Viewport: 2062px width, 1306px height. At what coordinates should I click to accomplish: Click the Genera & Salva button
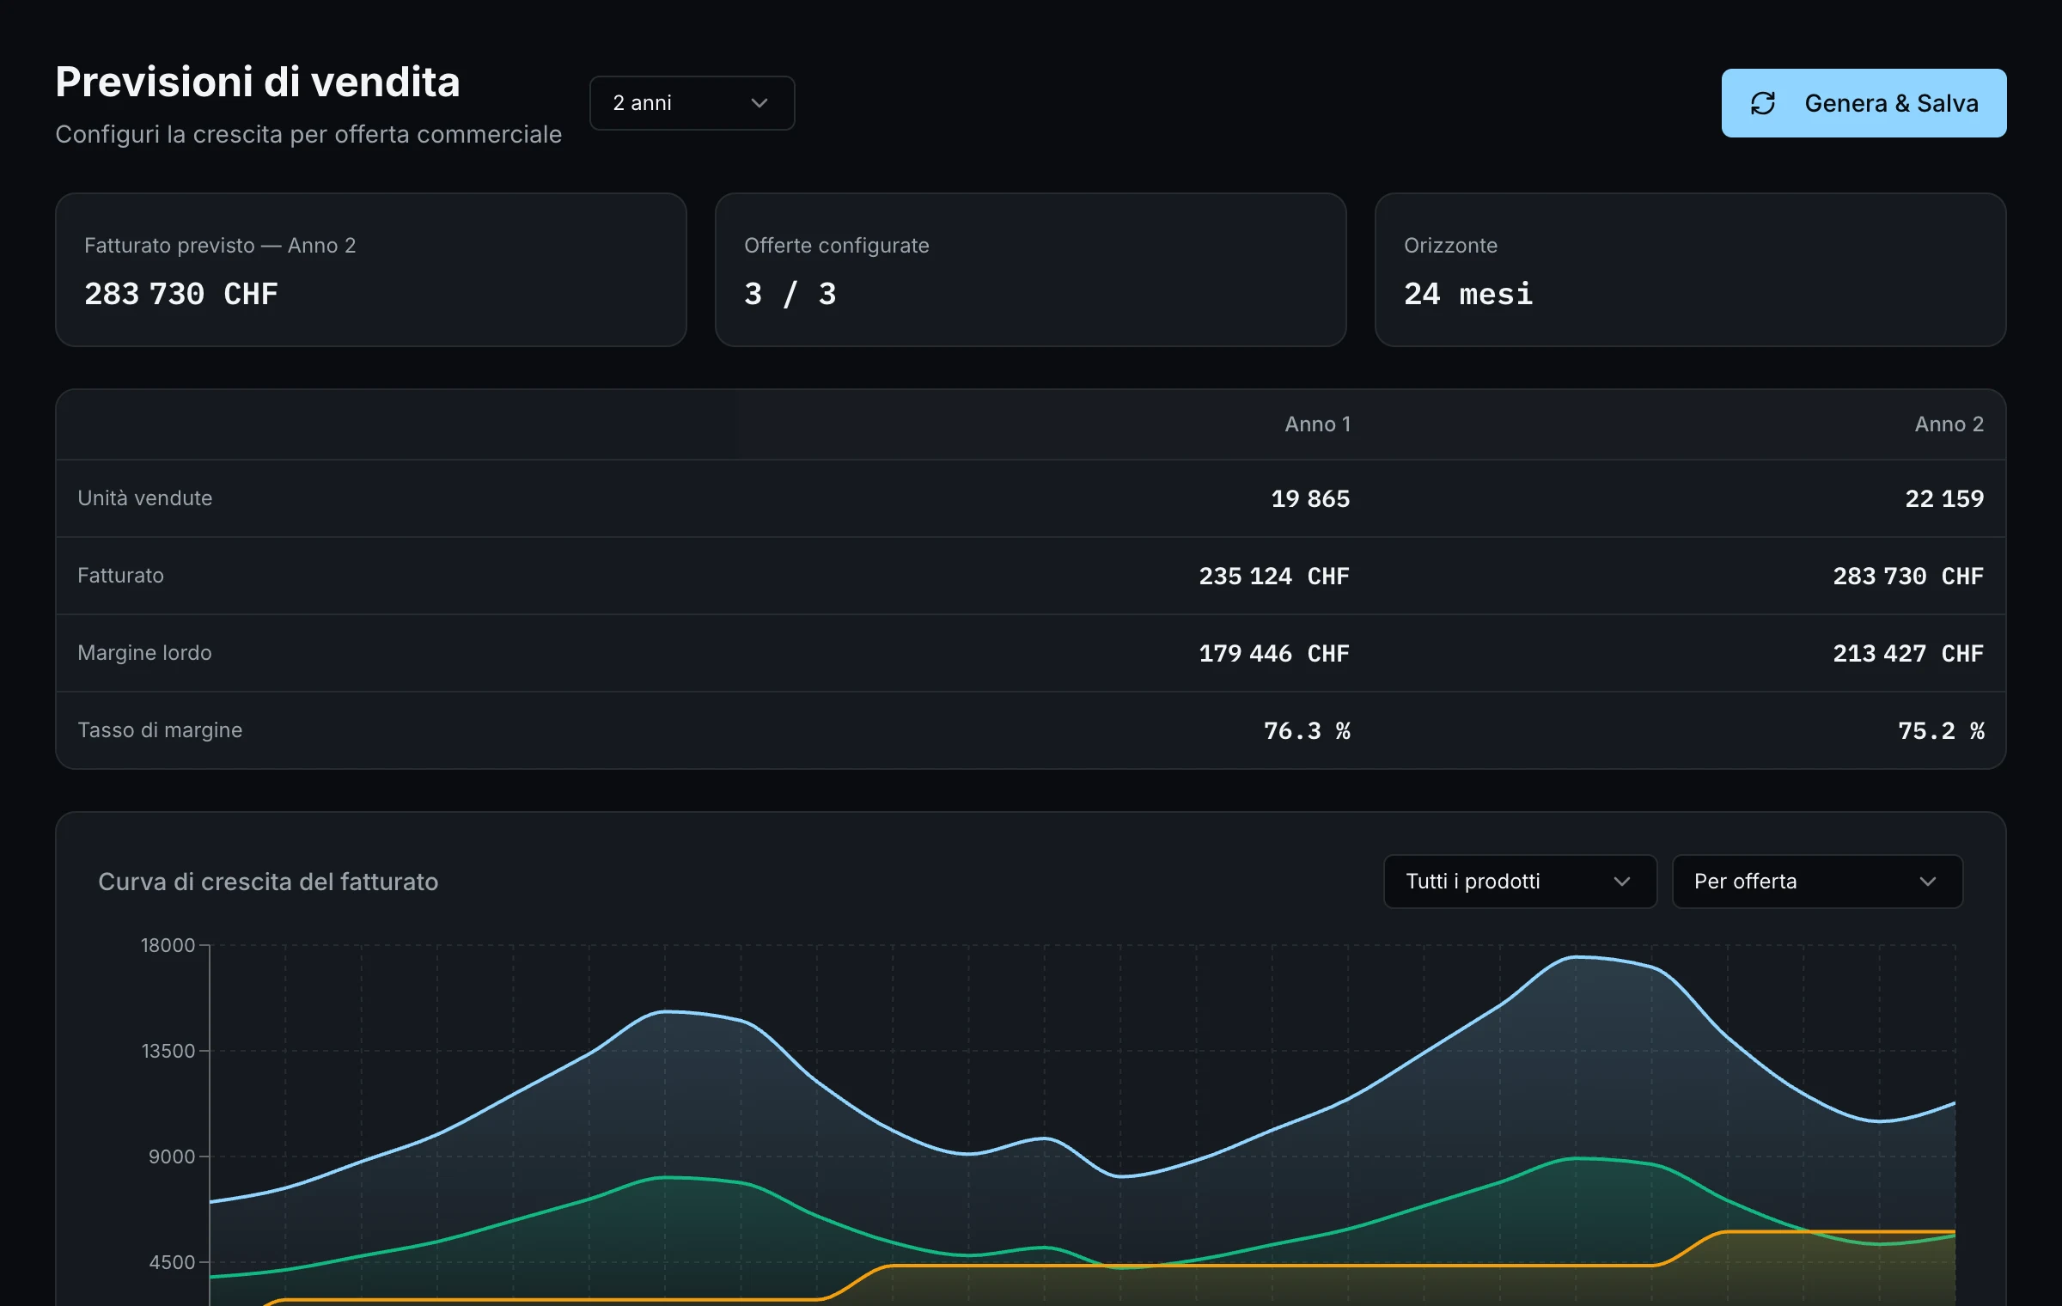pos(1864,103)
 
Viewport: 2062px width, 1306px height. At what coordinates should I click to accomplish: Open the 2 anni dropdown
pos(692,103)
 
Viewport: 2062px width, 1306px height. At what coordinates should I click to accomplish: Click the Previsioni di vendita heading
pos(258,82)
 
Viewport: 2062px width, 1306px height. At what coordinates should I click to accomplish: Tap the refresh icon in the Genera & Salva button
pos(1763,103)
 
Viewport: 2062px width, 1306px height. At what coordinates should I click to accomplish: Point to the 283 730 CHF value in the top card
pos(181,294)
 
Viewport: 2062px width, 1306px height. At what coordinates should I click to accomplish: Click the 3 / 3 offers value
pos(790,294)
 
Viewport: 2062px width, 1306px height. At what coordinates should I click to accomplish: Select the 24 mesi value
pos(1467,294)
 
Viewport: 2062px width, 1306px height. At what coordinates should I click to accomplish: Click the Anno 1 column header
pos(1317,424)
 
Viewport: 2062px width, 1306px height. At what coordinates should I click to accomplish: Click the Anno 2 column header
pos(1949,424)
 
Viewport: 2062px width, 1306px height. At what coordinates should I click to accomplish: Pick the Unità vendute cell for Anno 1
pos(1310,498)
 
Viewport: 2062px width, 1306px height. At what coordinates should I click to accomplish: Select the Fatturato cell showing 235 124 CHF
pos(1274,576)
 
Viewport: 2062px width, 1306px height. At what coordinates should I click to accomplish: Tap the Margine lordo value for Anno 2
pos(1908,653)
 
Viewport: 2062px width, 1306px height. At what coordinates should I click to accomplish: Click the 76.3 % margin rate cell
pos(1307,730)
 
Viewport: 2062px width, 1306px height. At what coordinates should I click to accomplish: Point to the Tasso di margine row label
pos(160,730)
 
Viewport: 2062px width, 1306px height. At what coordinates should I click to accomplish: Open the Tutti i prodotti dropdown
pos(1520,882)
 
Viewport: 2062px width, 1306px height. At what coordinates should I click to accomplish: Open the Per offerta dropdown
pos(1817,882)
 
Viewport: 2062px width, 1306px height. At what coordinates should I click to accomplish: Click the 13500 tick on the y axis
pos(168,1051)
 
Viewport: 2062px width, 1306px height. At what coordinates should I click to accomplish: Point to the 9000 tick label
pos(172,1156)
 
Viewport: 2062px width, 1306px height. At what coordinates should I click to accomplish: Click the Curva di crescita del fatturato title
pos(268,882)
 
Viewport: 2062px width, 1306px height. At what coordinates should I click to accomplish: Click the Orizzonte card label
pos(1450,246)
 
